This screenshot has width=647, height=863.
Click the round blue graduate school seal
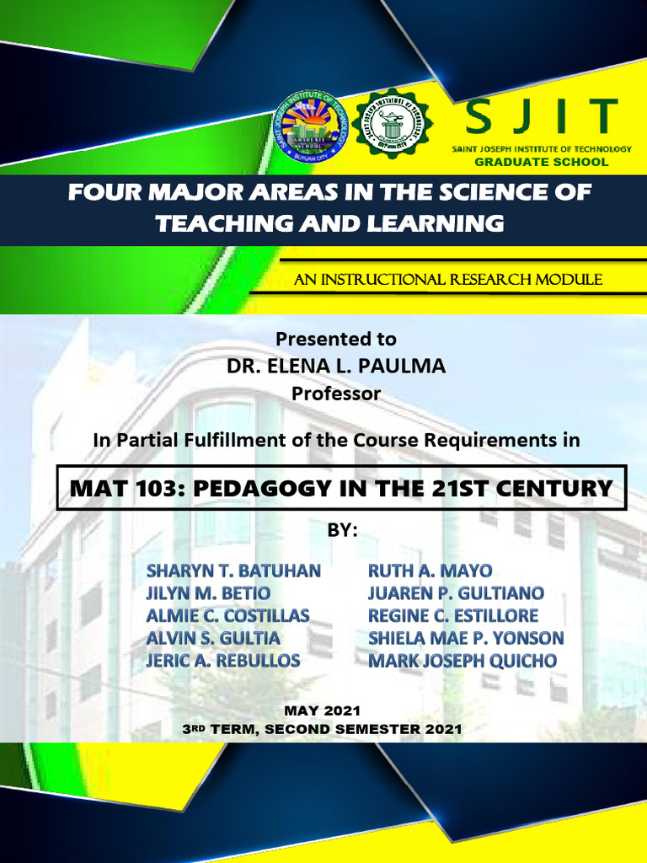[312, 126]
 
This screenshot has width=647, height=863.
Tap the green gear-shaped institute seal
[392, 124]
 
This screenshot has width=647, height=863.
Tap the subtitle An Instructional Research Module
[447, 280]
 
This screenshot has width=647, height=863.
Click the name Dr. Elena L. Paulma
[336, 366]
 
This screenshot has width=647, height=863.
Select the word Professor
[336, 394]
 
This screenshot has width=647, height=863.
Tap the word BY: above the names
[342, 531]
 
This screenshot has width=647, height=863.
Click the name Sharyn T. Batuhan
[233, 571]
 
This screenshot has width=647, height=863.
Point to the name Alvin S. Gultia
[213, 638]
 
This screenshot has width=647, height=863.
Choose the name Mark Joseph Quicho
[463, 661]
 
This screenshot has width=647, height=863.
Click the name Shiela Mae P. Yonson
[466, 638]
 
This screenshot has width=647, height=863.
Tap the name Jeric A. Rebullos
[223, 661]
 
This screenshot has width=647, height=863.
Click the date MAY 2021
[323, 710]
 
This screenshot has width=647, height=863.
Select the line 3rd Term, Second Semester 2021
[323, 729]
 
